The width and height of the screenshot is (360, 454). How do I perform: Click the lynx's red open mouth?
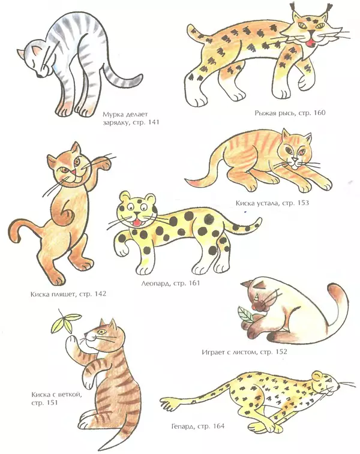point(311,43)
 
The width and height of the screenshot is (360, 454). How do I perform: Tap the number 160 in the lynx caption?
point(319,112)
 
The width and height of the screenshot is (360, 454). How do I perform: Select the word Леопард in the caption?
point(155,283)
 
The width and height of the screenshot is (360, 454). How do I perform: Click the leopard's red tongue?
point(136,223)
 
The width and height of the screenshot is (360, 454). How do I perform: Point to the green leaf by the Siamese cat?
point(245,315)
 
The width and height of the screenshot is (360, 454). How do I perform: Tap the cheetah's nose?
point(338,387)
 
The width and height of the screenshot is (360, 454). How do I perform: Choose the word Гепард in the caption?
point(183,426)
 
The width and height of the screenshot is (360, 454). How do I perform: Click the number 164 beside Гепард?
point(218,426)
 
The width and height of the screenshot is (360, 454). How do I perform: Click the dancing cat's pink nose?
point(74,173)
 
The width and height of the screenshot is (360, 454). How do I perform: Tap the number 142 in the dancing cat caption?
point(100,294)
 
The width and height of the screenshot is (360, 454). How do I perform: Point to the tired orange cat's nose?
point(295,160)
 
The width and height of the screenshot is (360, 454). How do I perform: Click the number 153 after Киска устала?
point(303,203)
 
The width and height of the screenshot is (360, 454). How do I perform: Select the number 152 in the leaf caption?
point(281,351)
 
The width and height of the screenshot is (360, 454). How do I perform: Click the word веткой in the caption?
point(71,395)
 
